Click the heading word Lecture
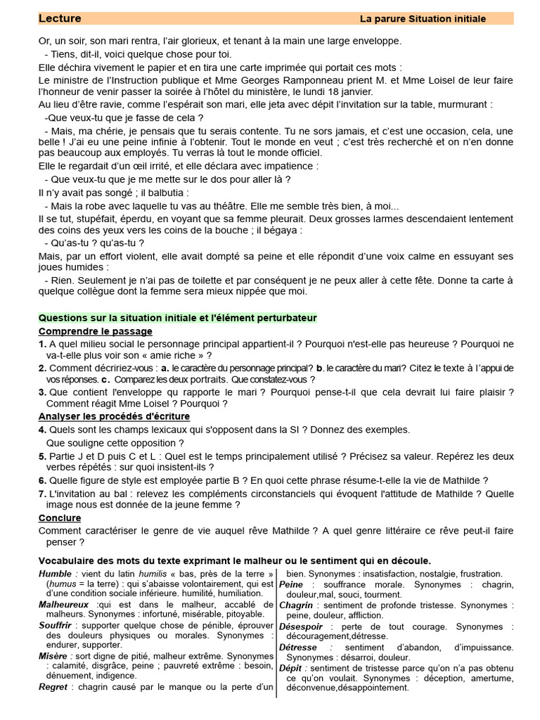[60, 18]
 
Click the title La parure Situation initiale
[423, 19]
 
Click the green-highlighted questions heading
[178, 318]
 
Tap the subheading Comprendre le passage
[95, 331]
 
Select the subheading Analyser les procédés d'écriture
[114, 416]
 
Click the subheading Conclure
[60, 517]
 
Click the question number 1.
[42, 344]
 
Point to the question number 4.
[42, 430]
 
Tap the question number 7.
[42, 493]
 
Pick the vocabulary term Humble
[55, 574]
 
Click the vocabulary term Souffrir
[56, 625]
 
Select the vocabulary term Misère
[53, 656]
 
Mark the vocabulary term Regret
[53, 687]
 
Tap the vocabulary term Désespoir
[300, 626]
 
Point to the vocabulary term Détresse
[298, 647]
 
